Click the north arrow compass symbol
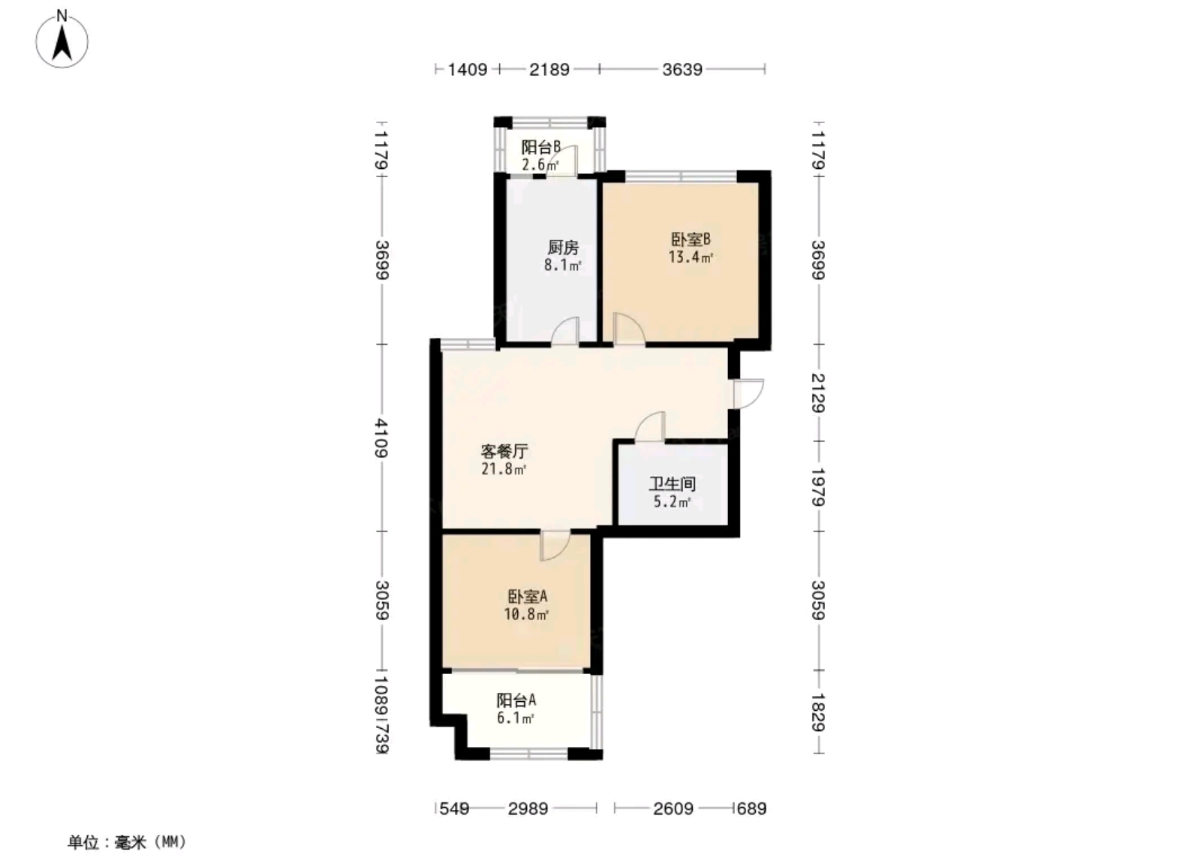[62, 41]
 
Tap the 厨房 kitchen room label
[563, 248]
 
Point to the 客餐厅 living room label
[504, 451]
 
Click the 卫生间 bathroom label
[673, 484]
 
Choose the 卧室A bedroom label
[527, 596]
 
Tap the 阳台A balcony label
[516, 700]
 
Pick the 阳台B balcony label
[541, 147]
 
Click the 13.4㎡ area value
[691, 257]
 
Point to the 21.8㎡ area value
[504, 470]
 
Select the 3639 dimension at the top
[682, 69]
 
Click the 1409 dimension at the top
[468, 69]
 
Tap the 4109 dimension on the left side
[382, 438]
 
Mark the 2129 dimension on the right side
[818, 393]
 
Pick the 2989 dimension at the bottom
[528, 808]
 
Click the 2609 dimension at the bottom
[673, 808]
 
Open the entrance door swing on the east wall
[753, 393]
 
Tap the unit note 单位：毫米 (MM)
[127, 842]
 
